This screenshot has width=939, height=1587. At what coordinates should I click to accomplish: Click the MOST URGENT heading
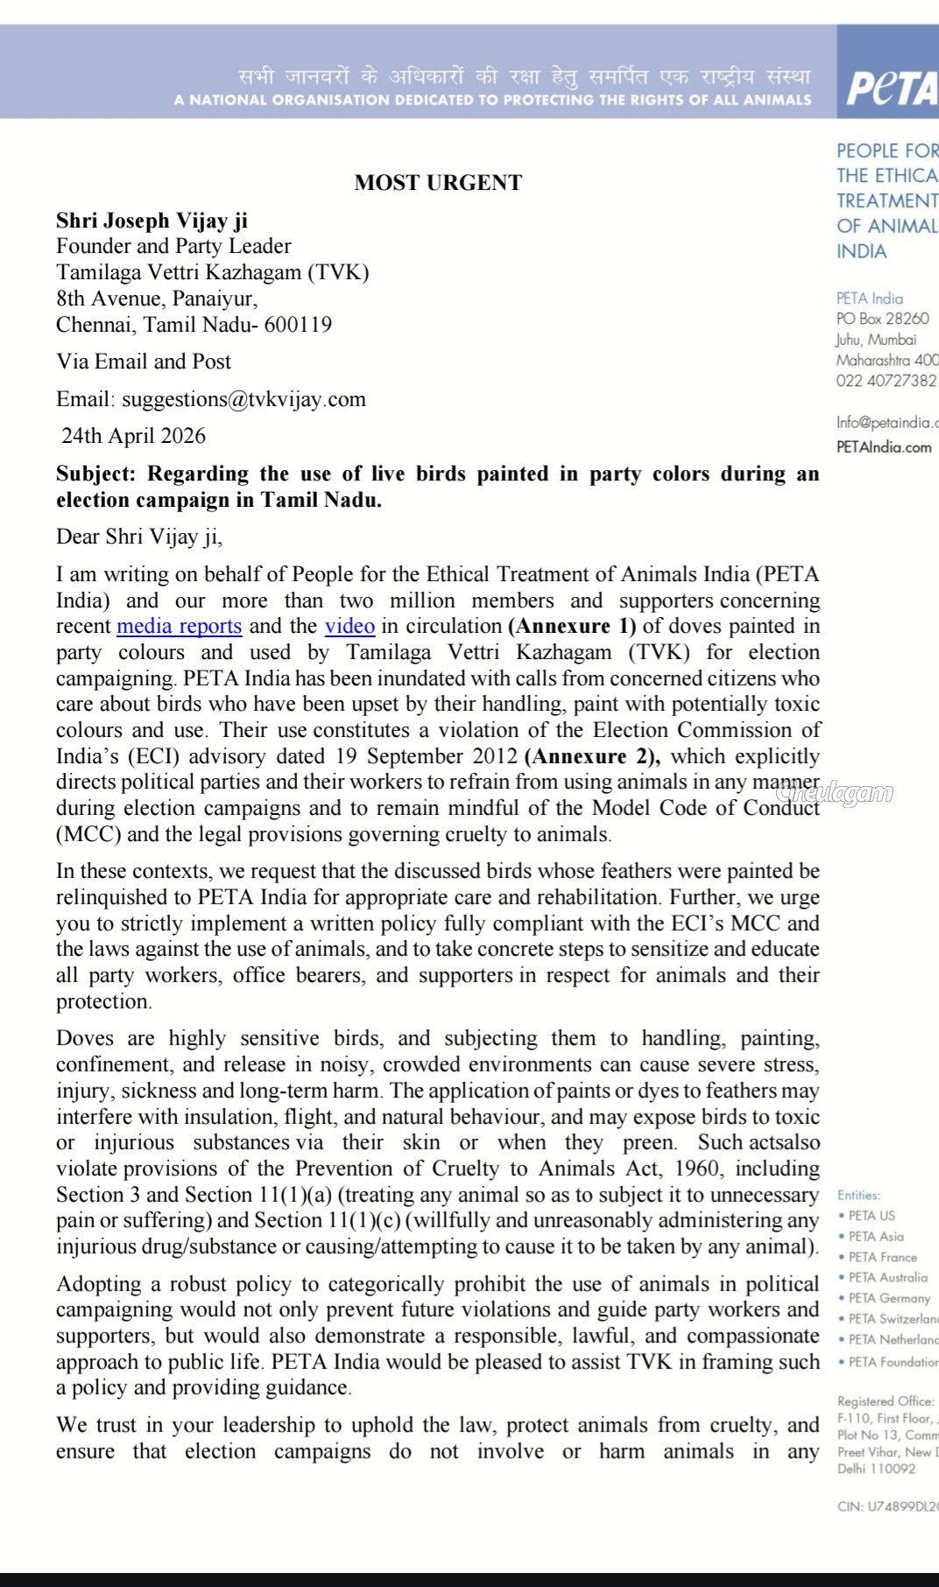coord(438,182)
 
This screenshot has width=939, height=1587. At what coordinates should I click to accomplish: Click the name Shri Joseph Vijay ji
coord(152,221)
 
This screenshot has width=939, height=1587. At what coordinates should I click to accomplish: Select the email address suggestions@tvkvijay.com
coord(244,399)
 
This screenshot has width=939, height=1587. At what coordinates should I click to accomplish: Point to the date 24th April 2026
coord(133,436)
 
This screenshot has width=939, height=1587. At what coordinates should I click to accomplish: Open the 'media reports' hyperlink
coord(179,626)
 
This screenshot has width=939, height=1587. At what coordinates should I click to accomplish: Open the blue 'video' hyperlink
coord(349,626)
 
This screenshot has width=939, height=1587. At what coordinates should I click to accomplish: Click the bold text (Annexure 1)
coord(572,626)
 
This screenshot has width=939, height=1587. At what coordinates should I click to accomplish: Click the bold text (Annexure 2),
coord(592,756)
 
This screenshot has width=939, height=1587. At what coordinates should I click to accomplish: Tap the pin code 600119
coord(298,325)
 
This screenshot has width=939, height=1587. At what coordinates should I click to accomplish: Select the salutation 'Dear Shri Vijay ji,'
coord(139,537)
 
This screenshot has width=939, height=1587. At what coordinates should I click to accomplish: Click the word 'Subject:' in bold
coord(96,474)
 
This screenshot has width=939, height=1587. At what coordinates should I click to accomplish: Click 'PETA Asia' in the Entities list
coord(875,1236)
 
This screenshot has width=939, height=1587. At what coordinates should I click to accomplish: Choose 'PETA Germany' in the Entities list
coord(888,1298)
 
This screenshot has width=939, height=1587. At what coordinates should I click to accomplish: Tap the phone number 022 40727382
coord(886,381)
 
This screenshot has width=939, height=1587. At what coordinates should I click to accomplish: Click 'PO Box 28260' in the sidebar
coord(882,319)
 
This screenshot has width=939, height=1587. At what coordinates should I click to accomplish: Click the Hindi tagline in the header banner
coord(525,76)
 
